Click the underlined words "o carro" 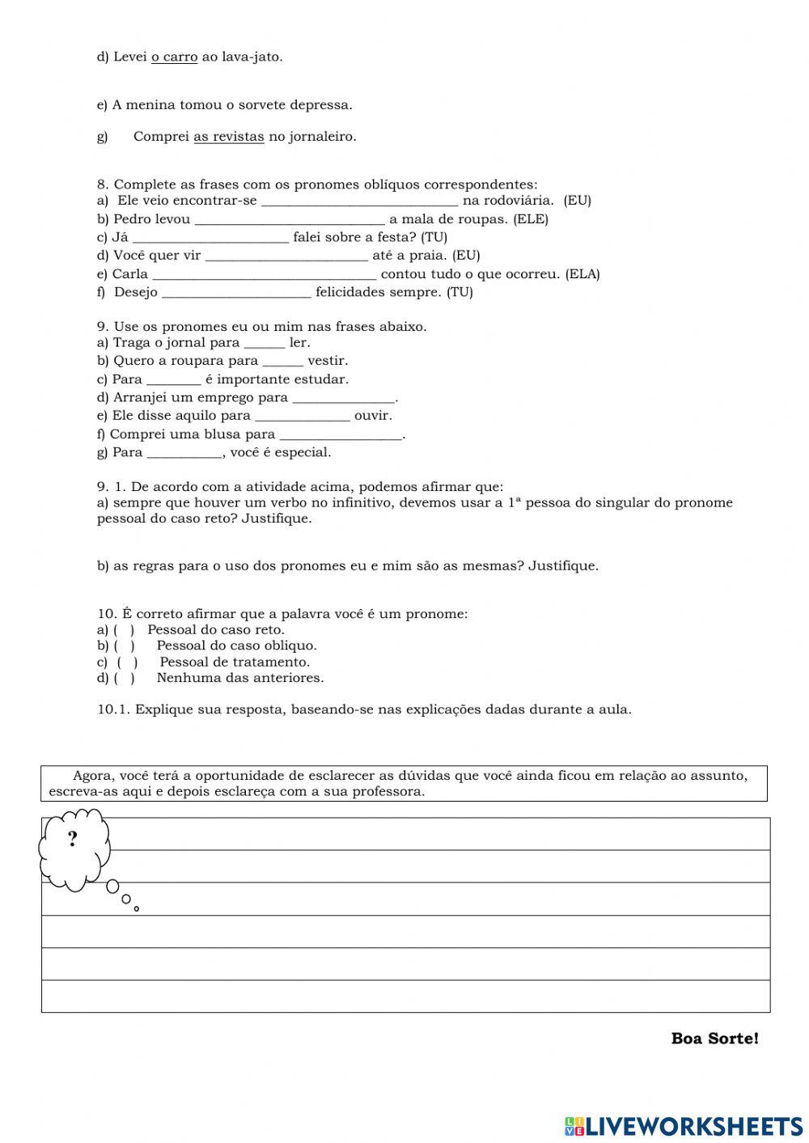[x=174, y=57]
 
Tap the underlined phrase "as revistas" [x=229, y=137]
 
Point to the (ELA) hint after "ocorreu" [x=582, y=274]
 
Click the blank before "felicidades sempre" [x=236, y=293]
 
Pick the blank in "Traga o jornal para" [x=265, y=343]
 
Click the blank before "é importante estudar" [x=174, y=380]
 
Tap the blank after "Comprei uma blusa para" [x=341, y=435]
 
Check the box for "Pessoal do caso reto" [x=124, y=630]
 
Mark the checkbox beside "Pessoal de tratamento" [x=128, y=663]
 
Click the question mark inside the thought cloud [x=73, y=839]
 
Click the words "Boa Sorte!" [x=714, y=1039]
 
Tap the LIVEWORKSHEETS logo [x=684, y=1126]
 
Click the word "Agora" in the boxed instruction [x=91, y=776]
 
